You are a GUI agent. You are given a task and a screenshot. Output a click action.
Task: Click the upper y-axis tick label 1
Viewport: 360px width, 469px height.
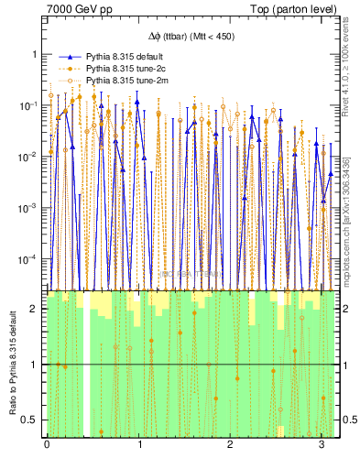[34, 54]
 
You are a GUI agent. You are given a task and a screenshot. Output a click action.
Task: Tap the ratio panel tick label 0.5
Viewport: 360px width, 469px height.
[30, 420]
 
